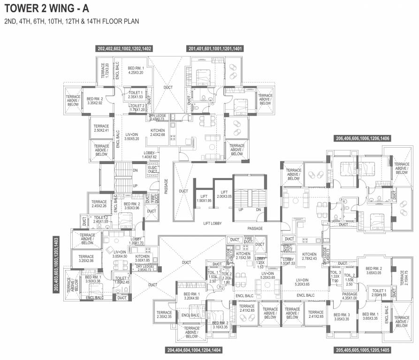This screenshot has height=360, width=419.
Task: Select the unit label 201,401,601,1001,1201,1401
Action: (x=215, y=48)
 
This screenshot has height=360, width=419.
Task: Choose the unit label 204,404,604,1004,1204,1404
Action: (x=194, y=350)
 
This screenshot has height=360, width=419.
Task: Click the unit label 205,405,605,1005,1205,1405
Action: (x=362, y=350)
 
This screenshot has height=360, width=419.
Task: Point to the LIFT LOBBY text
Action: (x=213, y=224)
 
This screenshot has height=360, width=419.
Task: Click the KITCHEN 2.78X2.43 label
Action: (x=309, y=256)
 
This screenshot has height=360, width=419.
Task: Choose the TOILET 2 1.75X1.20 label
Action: (x=137, y=108)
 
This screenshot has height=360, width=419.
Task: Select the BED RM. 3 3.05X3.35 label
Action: (x=342, y=317)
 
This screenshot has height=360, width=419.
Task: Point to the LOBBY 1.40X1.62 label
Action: (x=149, y=155)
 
